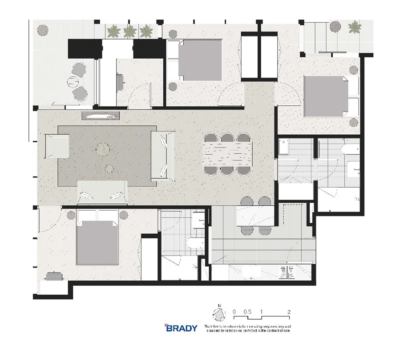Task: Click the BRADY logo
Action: point(181,328)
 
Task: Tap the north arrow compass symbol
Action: point(218,316)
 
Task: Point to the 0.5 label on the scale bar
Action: point(247,312)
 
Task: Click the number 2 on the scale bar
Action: point(289,312)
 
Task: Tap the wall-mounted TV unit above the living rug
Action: point(101,116)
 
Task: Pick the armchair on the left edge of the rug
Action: point(57,146)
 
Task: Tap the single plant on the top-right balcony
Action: point(354,28)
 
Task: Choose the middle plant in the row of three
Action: point(129,31)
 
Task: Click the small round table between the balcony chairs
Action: point(73,82)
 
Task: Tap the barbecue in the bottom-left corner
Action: point(54,276)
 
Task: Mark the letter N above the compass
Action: point(218,305)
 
